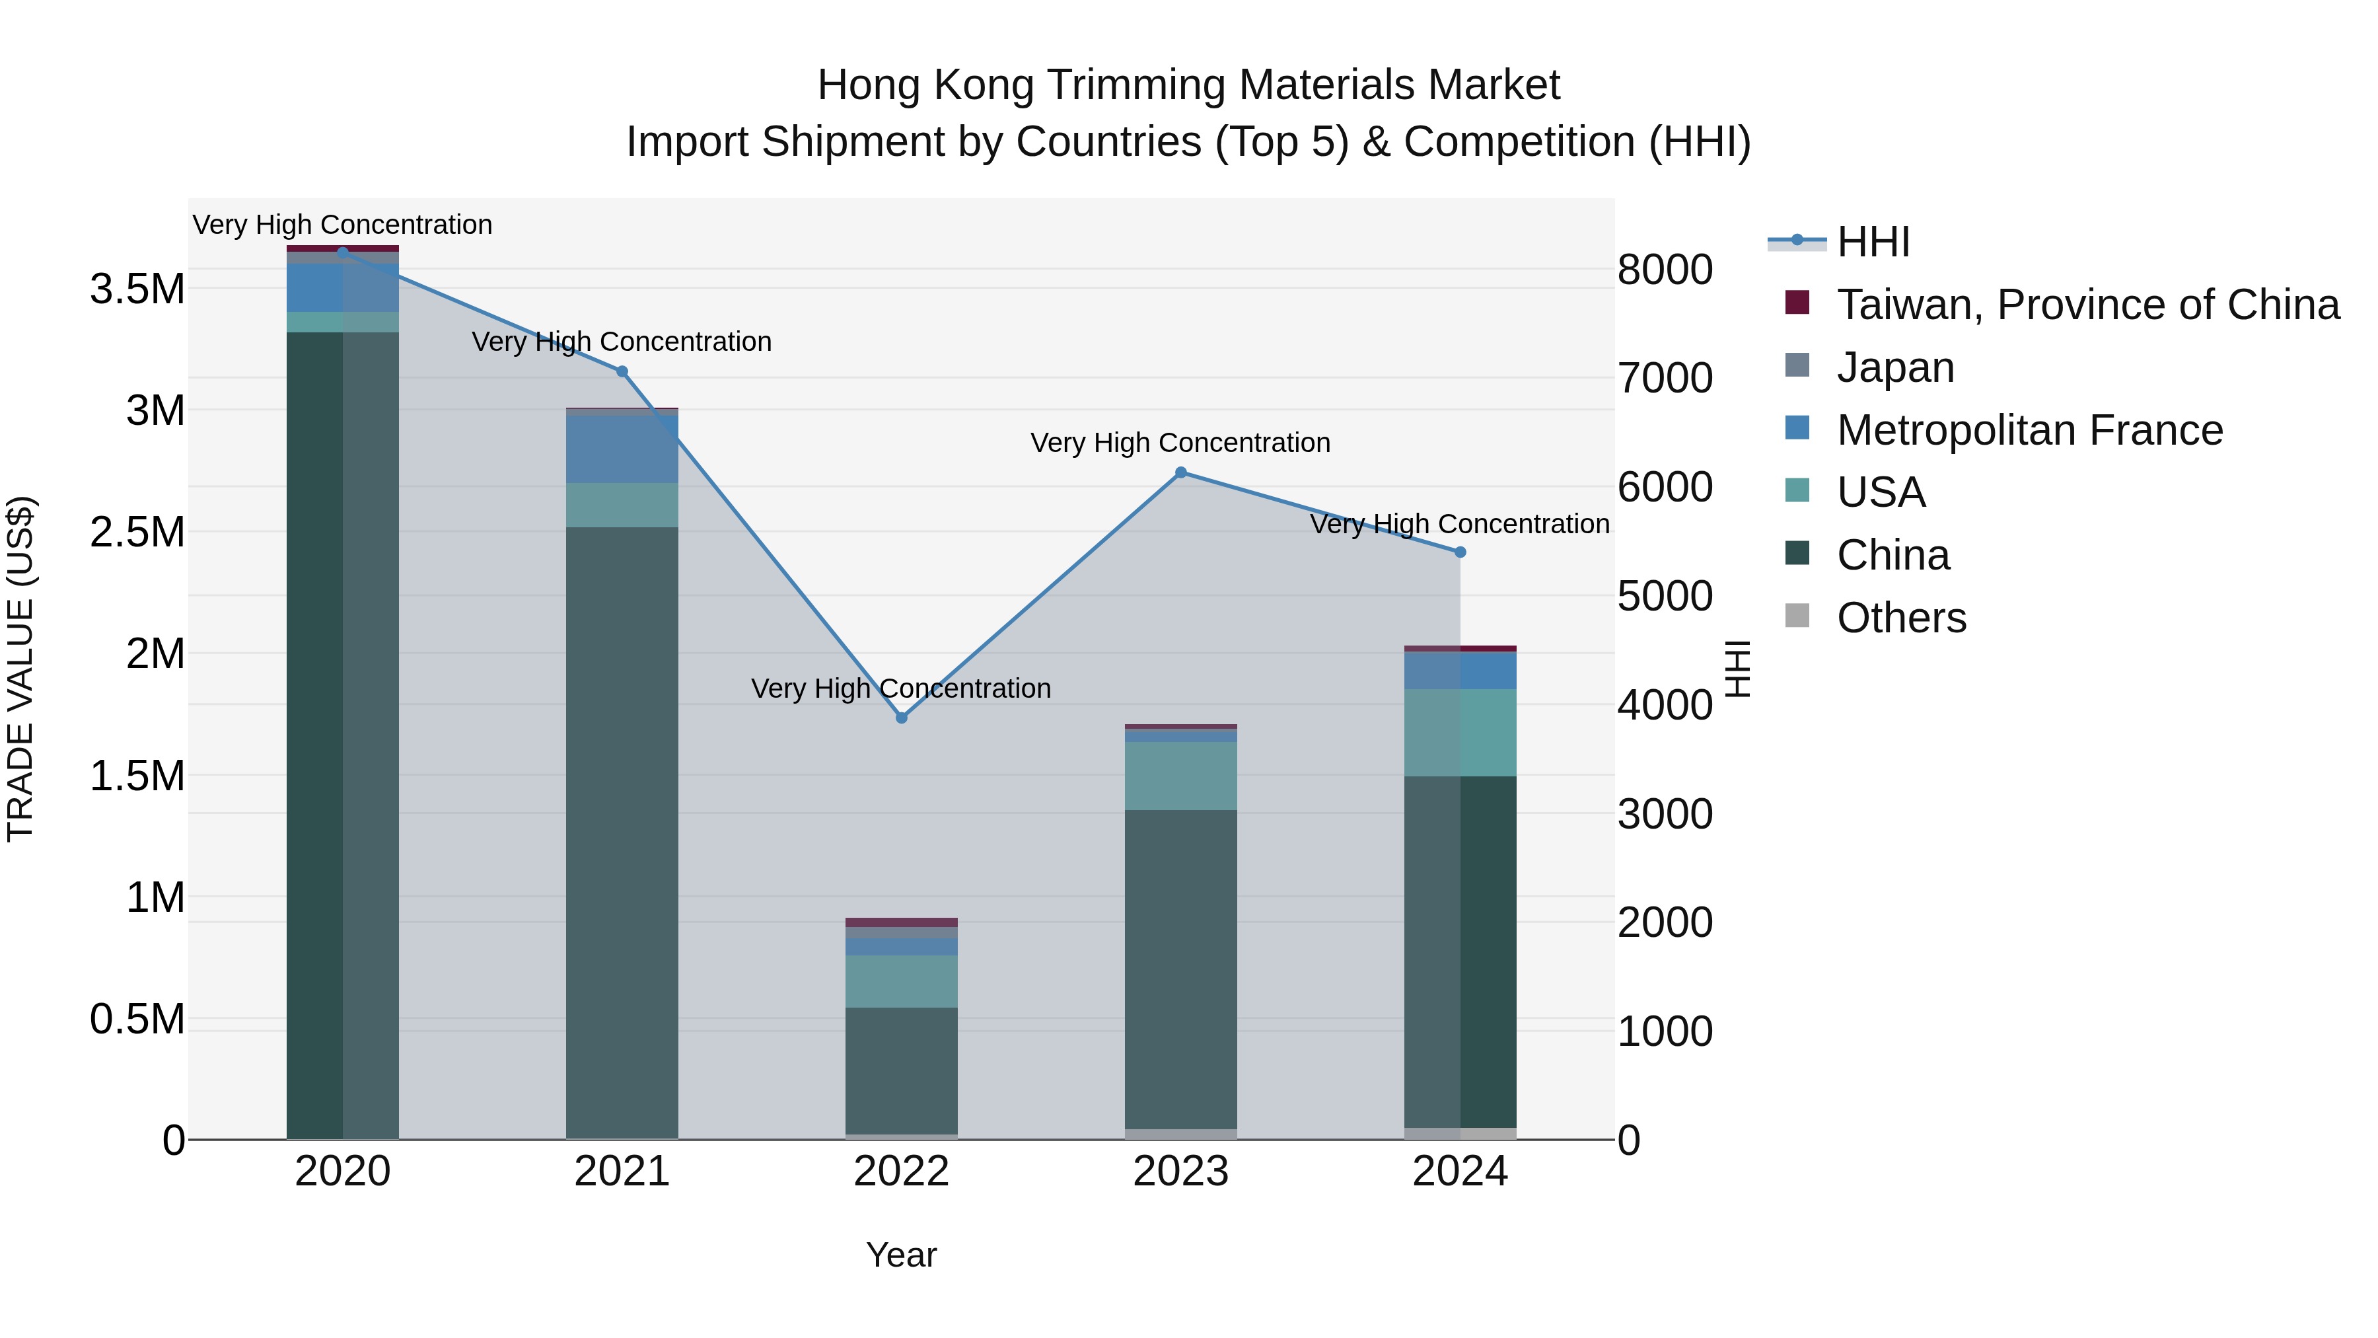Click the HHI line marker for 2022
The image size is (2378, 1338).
(901, 718)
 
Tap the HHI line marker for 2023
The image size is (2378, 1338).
(1180, 473)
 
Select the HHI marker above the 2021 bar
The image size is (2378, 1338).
(622, 372)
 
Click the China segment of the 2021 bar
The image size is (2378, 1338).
(622, 831)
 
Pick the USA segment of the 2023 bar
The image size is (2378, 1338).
(1180, 776)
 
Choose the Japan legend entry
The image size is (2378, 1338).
(1894, 367)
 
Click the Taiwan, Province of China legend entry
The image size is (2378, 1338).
(2086, 305)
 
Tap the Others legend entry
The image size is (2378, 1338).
(1900, 618)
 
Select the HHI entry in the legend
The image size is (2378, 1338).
(1872, 242)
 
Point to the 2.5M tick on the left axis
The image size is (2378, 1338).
(137, 533)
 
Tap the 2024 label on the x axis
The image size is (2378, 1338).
(1459, 1171)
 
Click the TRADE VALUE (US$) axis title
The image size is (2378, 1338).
(20, 669)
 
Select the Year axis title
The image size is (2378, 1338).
(901, 1255)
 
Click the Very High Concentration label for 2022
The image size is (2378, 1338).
(901, 689)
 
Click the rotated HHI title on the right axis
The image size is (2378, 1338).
(1737, 669)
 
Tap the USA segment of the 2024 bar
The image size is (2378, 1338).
(1459, 732)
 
